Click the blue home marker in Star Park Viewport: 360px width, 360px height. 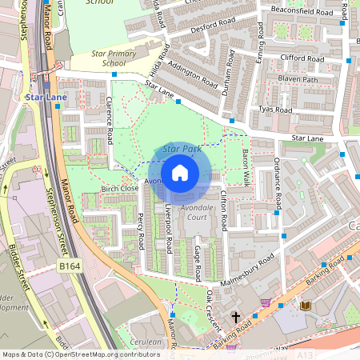coord(180,173)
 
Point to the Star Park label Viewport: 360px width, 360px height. coord(181,149)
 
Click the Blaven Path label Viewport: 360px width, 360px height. coord(298,80)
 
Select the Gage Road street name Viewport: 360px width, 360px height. coord(197,260)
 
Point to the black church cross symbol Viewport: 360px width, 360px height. coord(235,318)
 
